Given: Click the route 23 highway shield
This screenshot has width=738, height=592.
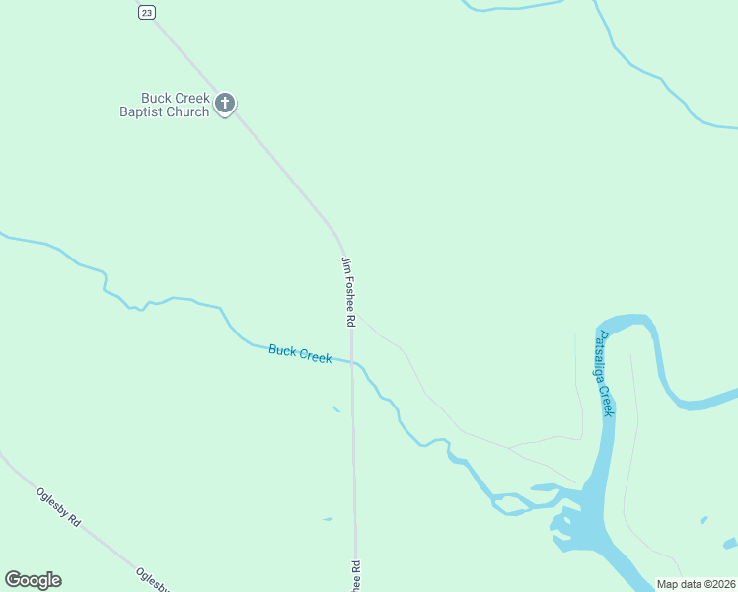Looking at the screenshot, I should tap(147, 12).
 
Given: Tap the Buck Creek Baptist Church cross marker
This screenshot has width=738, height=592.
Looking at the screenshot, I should tap(225, 103).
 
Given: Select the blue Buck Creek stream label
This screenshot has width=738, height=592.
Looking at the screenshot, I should tap(300, 354).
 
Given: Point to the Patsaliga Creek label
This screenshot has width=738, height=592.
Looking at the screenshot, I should tap(604, 374).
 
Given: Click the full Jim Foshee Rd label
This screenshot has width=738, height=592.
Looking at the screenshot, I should tap(347, 292).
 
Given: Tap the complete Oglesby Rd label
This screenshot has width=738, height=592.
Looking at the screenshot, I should tap(57, 507).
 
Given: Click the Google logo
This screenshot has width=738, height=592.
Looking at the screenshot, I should tap(33, 580).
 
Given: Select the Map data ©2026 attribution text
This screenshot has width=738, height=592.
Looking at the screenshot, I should tap(697, 584).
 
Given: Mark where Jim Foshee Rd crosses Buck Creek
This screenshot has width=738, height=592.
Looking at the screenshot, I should tap(351, 361).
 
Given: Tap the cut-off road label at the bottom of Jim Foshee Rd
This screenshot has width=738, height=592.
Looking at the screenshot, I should tap(356, 575).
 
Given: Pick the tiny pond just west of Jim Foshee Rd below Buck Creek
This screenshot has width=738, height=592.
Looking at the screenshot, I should tap(336, 408).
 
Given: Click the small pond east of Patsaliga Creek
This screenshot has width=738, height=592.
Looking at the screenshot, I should tap(702, 520).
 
